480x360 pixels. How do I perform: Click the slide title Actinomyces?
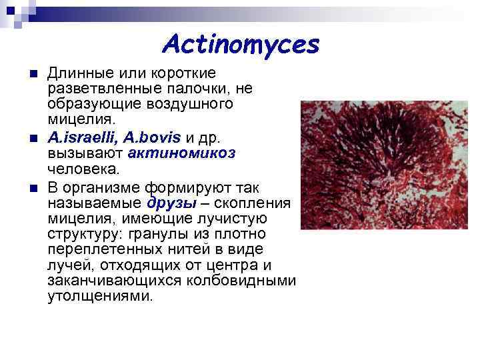(241, 45)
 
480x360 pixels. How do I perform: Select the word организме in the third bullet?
(95, 187)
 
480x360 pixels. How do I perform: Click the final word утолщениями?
(100, 296)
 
